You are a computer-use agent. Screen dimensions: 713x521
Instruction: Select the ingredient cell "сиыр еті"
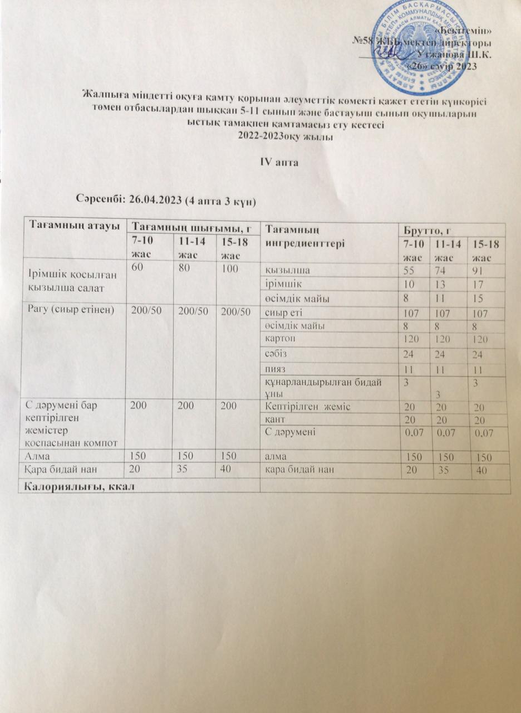284,313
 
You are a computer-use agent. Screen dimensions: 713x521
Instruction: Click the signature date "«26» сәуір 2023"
446,66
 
